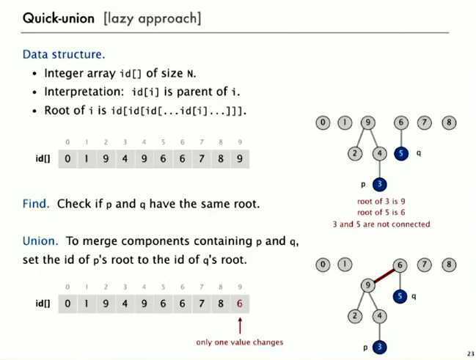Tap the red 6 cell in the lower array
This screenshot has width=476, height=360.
tap(239, 303)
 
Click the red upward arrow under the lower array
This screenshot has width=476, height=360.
tap(239, 325)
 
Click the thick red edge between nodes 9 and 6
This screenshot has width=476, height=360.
tap(384, 276)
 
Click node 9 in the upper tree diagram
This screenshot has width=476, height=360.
tap(368, 123)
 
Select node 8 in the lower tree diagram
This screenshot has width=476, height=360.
tap(448, 265)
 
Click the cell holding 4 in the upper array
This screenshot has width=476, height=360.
tap(125, 158)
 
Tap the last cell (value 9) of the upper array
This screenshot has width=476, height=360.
tap(239, 158)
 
